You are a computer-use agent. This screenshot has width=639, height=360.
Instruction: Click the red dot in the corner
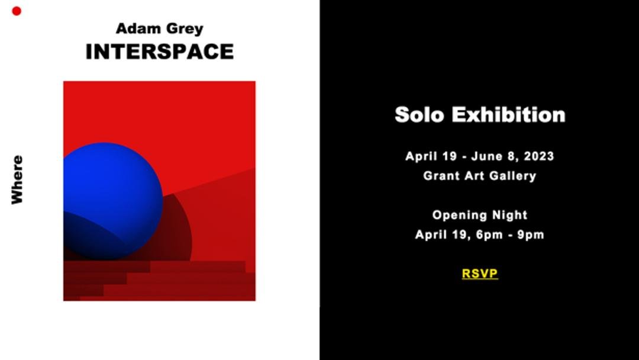[17, 11]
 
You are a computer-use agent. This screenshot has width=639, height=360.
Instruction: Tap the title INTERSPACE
[160, 52]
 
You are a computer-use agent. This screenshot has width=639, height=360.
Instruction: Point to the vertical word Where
[17, 179]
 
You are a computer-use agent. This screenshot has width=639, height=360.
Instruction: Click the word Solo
[419, 114]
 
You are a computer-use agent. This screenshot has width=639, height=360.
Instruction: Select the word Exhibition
[509, 114]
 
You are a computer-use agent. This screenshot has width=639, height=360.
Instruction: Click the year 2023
[539, 156]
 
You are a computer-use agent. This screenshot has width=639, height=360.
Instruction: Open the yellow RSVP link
[480, 274]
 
